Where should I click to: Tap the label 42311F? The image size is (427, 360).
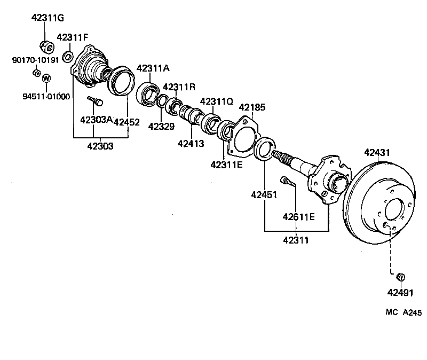(x=73, y=37)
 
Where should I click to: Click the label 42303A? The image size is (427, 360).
(x=96, y=120)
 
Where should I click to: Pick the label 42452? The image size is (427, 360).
(x=126, y=122)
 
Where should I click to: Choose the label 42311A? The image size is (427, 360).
(x=153, y=68)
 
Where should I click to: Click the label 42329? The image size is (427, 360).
(x=161, y=127)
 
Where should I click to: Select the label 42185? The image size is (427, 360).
(x=251, y=107)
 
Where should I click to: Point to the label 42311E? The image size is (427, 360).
(x=226, y=165)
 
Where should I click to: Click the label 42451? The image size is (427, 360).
(x=264, y=195)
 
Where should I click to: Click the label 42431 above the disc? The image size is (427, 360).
(x=377, y=153)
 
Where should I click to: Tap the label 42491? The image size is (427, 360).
(x=401, y=292)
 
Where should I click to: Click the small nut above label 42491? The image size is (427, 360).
(x=401, y=277)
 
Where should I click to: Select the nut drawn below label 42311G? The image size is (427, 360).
(x=46, y=47)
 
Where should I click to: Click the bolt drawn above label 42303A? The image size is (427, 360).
(x=96, y=100)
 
